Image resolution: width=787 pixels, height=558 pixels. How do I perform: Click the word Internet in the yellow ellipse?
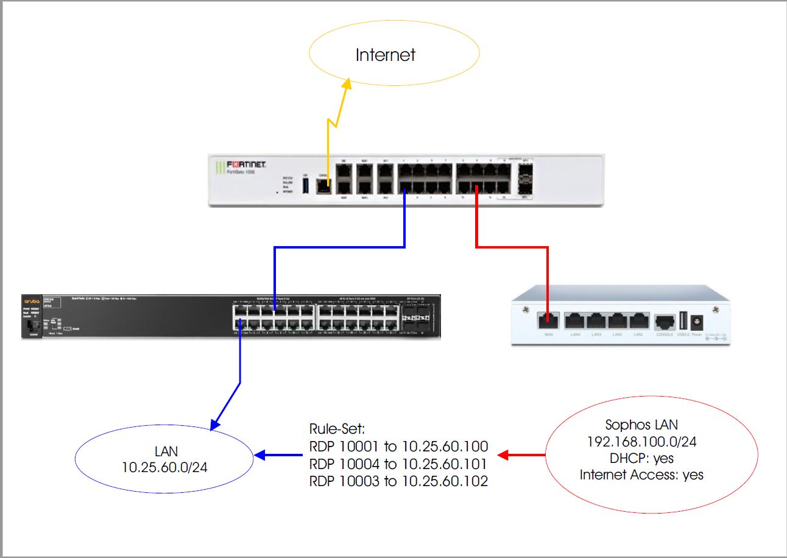[x=386, y=55]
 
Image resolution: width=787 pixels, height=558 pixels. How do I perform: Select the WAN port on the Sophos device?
[x=548, y=320]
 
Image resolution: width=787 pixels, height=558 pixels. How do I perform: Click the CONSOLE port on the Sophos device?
[x=664, y=321]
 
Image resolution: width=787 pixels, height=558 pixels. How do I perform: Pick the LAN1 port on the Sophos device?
[x=638, y=321]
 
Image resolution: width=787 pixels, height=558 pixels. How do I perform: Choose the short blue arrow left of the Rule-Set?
[x=278, y=454]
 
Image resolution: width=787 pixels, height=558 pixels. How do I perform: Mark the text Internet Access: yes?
[x=641, y=475]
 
